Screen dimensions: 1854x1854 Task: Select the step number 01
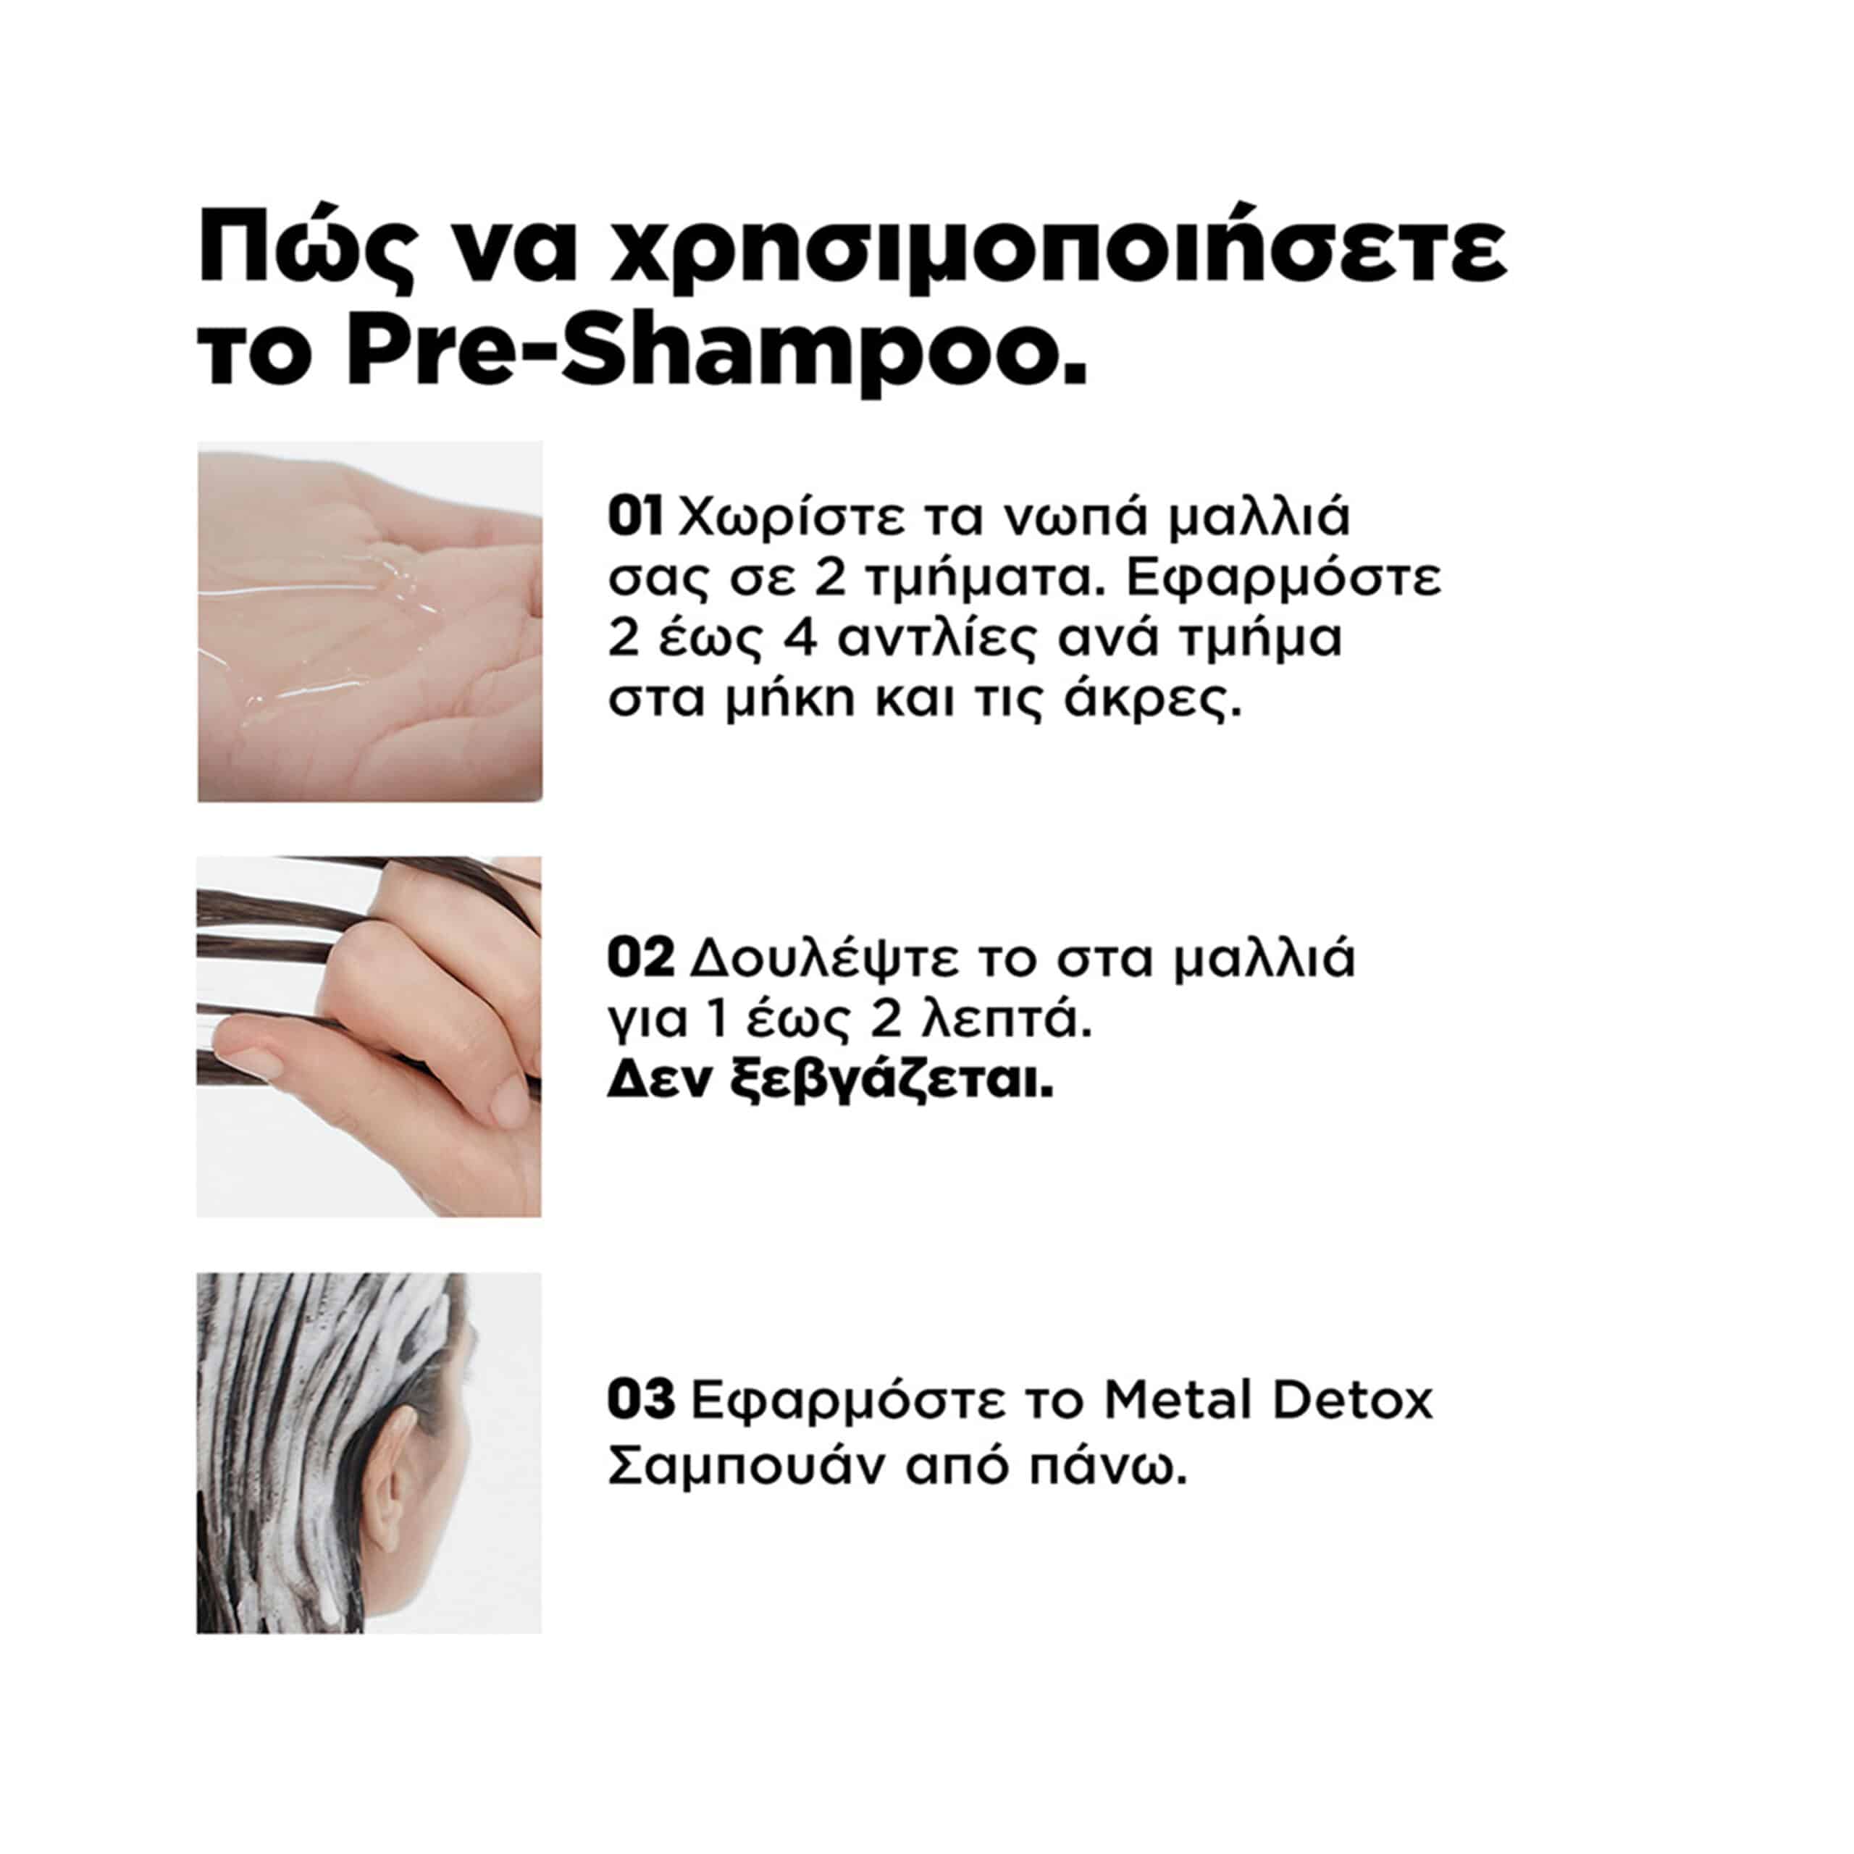click(635, 517)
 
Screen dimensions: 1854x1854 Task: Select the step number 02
click(641, 959)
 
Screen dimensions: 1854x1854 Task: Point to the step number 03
click(641, 1401)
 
